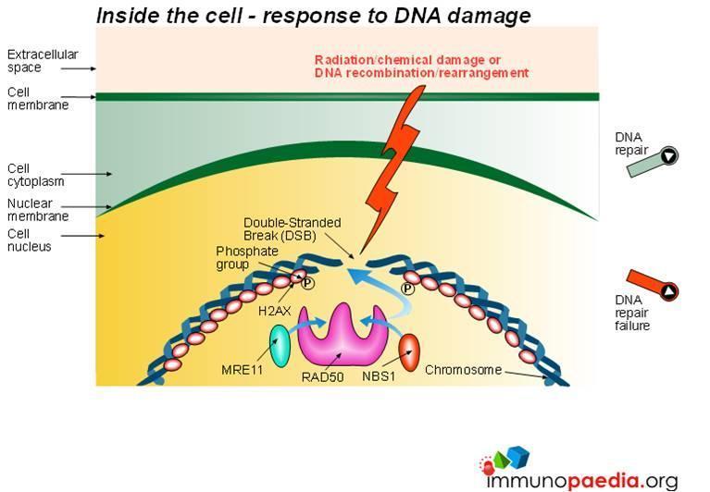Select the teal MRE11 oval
280,346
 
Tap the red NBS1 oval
409,352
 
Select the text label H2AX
274,311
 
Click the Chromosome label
463,370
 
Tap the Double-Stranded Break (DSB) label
293,228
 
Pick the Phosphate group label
247,258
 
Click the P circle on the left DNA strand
307,284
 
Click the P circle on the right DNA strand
408,288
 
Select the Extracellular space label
43,61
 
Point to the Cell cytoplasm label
35,175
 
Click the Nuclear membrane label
38,210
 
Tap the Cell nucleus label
29,240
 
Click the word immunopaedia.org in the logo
582,480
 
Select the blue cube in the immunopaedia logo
517,456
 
